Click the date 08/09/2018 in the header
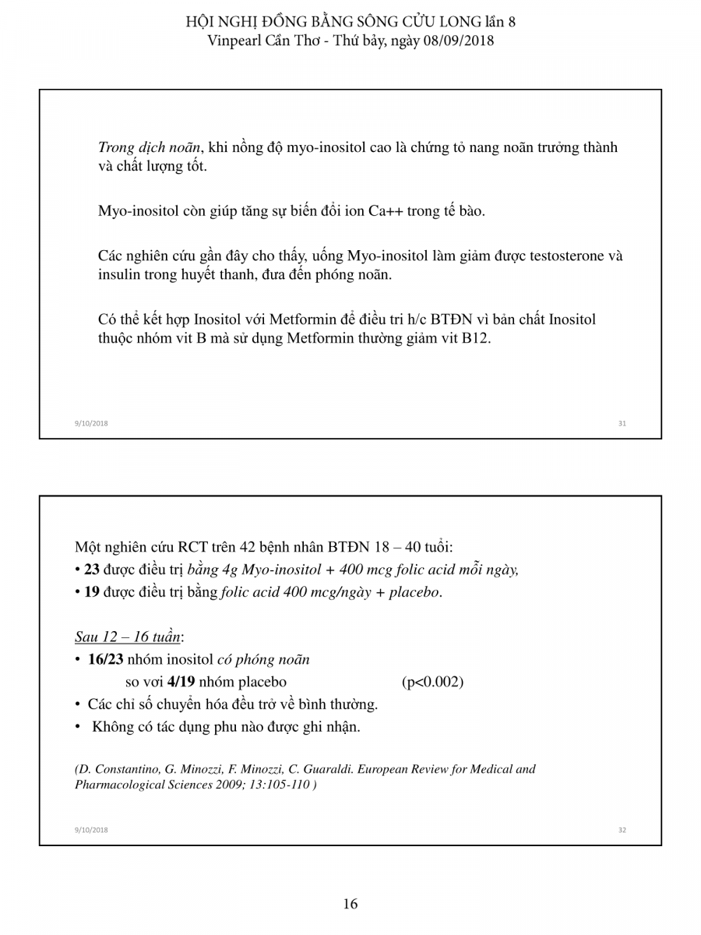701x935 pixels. [460, 41]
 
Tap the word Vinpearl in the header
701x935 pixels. [237, 41]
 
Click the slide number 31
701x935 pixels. [622, 423]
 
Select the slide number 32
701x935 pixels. [622, 830]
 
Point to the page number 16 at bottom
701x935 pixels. [350, 904]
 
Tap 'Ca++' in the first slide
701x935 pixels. [386, 211]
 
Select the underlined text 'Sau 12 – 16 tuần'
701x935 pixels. [128, 637]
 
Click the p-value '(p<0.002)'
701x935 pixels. [432, 682]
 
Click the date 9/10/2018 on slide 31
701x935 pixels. [91, 423]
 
